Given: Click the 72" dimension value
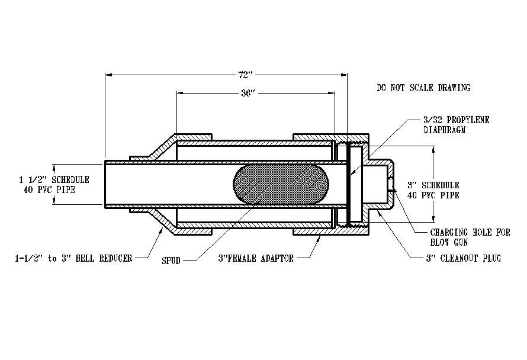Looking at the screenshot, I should click(245, 75).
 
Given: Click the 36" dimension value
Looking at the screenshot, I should click(249, 93).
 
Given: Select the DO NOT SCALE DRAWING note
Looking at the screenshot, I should click(423, 88).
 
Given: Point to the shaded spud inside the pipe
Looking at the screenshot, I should click(280, 185).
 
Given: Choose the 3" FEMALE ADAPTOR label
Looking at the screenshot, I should click(256, 259).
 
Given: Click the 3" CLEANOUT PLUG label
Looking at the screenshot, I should click(463, 259).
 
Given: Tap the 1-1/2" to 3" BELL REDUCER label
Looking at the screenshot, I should click(73, 258).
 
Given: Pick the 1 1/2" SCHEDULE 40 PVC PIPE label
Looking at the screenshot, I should click(54, 184).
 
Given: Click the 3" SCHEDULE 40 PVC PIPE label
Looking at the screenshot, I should click(432, 190).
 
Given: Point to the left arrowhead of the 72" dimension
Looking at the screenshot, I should click(107, 75).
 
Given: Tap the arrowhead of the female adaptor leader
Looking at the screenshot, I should click(320, 236).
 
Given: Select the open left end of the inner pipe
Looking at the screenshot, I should click(105, 184).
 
